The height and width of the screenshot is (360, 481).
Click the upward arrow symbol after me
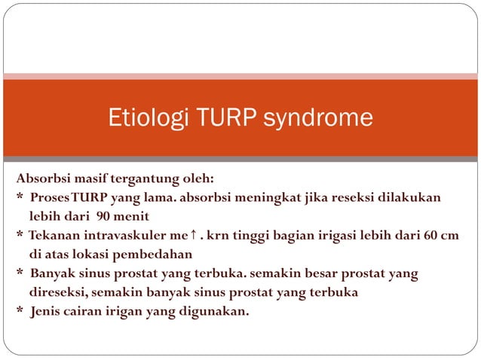coord(194,235)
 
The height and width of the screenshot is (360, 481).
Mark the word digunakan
coord(213,310)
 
